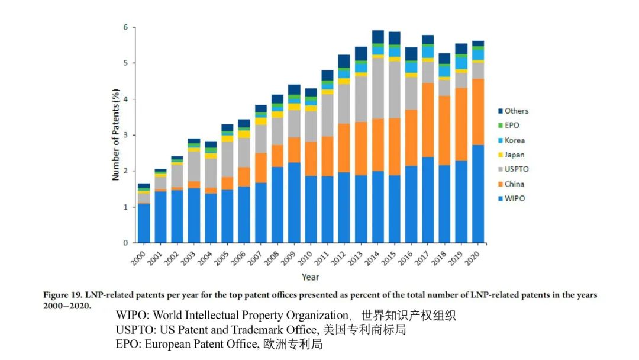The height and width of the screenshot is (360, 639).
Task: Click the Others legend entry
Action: pyautogui.click(x=516, y=111)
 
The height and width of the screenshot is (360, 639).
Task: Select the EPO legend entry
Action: pyautogui.click(x=512, y=126)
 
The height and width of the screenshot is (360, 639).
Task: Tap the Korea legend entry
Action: pyautogui.click(x=514, y=140)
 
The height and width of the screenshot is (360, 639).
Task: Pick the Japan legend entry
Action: pyautogui.click(x=514, y=155)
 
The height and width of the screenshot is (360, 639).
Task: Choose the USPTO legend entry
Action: pyautogui.click(x=516, y=169)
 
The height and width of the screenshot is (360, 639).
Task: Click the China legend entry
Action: pyautogui.click(x=514, y=184)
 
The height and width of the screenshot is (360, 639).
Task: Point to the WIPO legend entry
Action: pyautogui.click(x=514, y=198)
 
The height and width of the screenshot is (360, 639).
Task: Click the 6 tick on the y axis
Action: pyautogui.click(x=125, y=27)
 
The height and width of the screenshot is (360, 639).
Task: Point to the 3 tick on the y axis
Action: pyautogui.click(x=125, y=135)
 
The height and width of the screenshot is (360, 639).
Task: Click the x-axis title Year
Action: pyautogui.click(x=310, y=277)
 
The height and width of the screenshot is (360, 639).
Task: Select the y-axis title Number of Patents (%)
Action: pyautogui.click(x=116, y=134)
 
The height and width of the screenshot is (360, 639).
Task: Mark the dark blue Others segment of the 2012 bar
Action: pyautogui.click(x=344, y=61)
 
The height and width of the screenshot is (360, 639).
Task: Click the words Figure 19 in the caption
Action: pyautogui.click(x=63, y=295)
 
